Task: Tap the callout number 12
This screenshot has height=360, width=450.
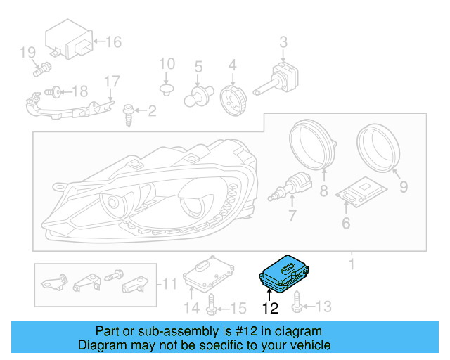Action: click(x=270, y=308)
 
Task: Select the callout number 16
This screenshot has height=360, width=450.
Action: click(x=112, y=42)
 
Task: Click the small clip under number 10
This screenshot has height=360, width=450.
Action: click(x=167, y=89)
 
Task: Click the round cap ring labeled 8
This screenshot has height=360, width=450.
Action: click(x=312, y=145)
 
